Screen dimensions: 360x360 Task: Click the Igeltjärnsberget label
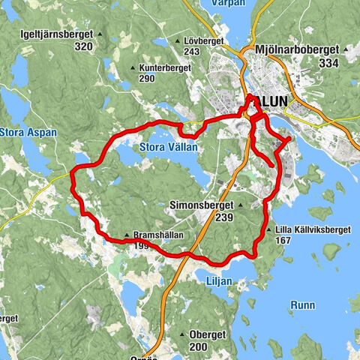click(67, 35)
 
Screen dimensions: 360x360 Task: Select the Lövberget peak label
click(202, 40)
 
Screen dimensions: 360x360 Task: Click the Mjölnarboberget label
click(297, 50)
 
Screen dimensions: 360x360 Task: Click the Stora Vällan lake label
click(168, 148)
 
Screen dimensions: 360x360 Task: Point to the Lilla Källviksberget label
click(307, 229)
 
